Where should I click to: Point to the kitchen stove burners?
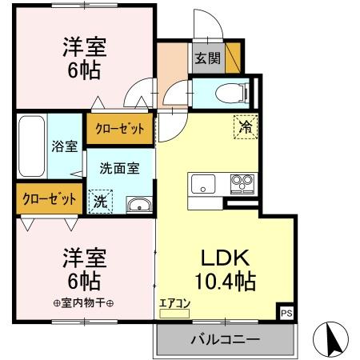click(x=242, y=183)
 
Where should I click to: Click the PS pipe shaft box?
click(x=286, y=313)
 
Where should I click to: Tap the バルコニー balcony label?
click(x=225, y=340)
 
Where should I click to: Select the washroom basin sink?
click(x=138, y=203)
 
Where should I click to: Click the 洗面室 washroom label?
click(x=119, y=169)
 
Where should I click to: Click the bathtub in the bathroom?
click(x=31, y=147)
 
